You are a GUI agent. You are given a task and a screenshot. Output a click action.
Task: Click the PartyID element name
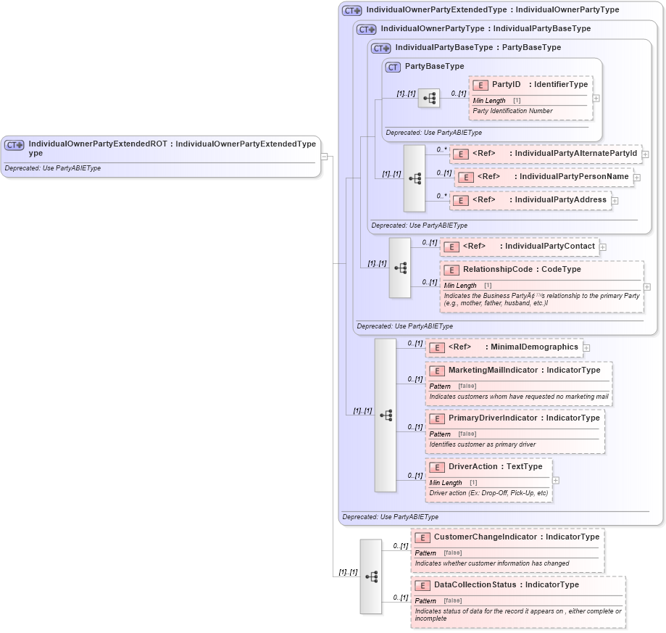pos(506,85)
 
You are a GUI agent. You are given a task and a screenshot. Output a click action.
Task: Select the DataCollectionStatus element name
pos(475,584)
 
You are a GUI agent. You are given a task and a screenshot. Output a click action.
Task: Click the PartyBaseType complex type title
pos(434,66)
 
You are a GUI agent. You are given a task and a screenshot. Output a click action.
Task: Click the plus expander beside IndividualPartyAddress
pos(615,200)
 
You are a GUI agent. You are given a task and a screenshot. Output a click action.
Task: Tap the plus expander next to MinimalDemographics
pos(586,347)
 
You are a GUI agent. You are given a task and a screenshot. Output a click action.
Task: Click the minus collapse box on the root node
pos(325,155)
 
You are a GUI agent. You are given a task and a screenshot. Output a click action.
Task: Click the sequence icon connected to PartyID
pos(429,97)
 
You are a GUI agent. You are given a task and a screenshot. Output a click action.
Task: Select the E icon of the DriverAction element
pos(436,467)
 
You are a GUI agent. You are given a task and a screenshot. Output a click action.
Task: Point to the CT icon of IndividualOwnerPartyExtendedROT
pos(14,145)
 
